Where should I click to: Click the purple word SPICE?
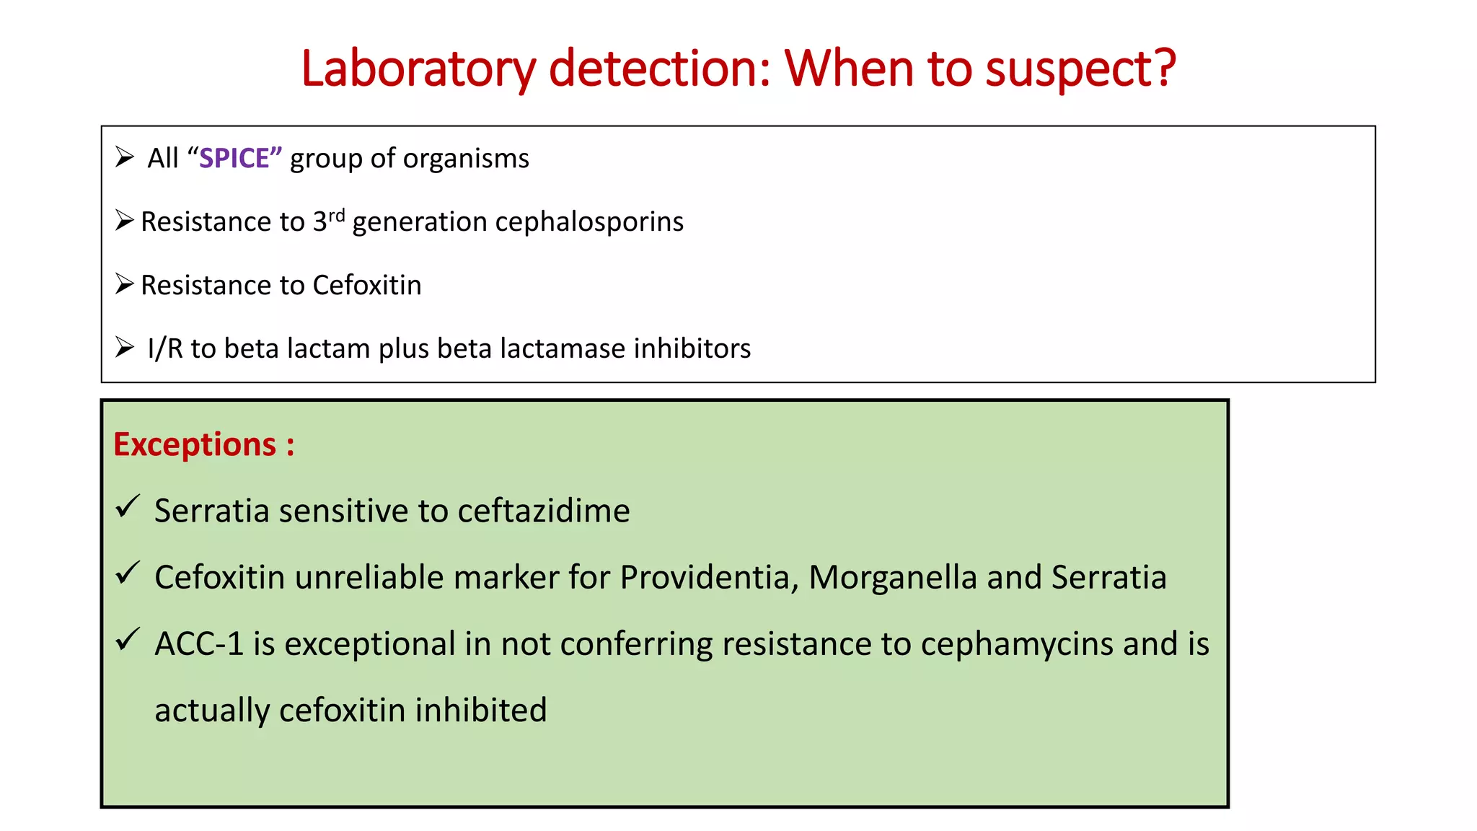click(234, 159)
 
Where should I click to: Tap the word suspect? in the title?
click(1080, 69)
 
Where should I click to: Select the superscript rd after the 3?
click(337, 215)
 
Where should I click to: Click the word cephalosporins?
click(589, 222)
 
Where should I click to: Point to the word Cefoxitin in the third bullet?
click(366, 286)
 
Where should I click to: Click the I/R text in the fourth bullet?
click(165, 348)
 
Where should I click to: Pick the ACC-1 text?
click(199, 643)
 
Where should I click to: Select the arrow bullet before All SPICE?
click(125, 157)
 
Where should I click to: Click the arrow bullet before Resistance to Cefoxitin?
click(125, 284)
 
